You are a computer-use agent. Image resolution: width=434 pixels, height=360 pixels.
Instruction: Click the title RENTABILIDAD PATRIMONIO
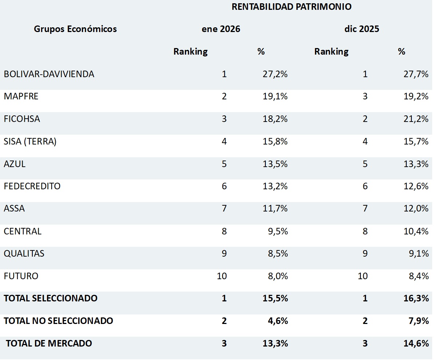(x=291, y=7)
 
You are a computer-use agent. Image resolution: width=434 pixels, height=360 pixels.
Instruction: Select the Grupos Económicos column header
(x=75, y=29)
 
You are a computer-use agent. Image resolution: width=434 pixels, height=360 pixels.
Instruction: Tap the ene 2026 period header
(x=221, y=29)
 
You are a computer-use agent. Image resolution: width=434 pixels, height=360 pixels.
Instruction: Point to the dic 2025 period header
(x=362, y=29)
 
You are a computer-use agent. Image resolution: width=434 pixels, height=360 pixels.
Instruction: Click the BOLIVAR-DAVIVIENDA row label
(x=49, y=74)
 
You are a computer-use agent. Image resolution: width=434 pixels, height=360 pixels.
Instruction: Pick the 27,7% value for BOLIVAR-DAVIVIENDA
(x=416, y=74)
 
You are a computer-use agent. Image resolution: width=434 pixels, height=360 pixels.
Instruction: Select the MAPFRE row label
(x=21, y=96)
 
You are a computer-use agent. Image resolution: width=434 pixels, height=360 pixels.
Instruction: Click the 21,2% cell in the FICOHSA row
(x=416, y=119)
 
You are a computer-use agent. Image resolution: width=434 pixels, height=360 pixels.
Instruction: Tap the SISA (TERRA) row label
(x=30, y=142)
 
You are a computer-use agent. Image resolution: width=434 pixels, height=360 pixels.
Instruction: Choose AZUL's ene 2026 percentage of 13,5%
(x=275, y=164)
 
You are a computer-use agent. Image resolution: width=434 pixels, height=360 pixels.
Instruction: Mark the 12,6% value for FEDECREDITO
(x=416, y=186)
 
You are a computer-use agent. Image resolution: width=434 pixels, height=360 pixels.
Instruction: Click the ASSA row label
(x=15, y=209)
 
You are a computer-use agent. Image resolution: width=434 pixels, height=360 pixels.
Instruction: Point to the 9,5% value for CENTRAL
(x=278, y=232)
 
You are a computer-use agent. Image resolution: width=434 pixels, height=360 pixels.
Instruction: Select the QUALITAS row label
(x=24, y=254)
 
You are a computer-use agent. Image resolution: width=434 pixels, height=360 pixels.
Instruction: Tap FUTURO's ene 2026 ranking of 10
(x=221, y=276)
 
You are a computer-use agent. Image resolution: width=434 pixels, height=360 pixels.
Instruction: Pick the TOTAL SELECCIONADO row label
(x=51, y=298)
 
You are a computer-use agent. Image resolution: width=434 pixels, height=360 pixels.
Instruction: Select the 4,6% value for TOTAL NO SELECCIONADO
(x=278, y=321)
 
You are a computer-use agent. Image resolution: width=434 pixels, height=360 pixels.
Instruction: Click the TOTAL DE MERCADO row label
(x=49, y=343)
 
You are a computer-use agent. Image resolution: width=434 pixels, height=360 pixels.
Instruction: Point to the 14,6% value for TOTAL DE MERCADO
(x=416, y=343)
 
